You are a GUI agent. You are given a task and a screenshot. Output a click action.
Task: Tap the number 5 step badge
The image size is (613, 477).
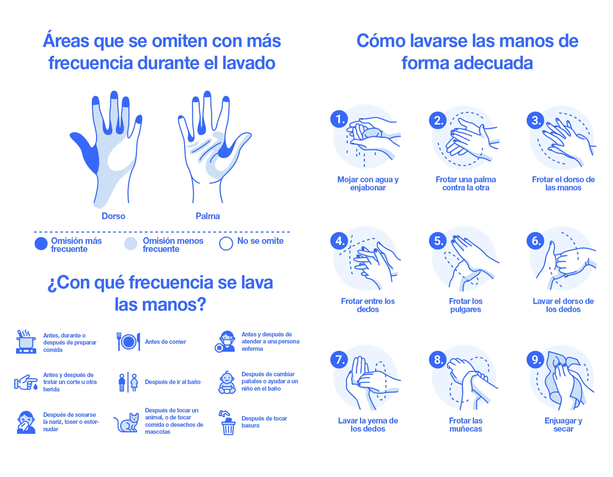pyautogui.click(x=438, y=241)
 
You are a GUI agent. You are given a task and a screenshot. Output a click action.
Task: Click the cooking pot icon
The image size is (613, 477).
pyautogui.click(x=26, y=342)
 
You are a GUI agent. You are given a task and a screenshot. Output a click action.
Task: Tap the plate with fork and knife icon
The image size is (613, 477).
pyautogui.click(x=129, y=341)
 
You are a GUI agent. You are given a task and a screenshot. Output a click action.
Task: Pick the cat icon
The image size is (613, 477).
pyautogui.click(x=127, y=423)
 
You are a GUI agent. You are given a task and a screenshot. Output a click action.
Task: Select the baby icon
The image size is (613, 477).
pyautogui.click(x=227, y=382)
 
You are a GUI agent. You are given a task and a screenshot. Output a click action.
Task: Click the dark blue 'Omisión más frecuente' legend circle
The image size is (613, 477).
pyautogui.click(x=41, y=243)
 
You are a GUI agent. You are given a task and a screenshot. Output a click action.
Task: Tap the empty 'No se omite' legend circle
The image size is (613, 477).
pyautogui.click(x=226, y=243)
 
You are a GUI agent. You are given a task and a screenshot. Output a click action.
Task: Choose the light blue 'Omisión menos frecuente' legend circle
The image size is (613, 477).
pyautogui.click(x=131, y=243)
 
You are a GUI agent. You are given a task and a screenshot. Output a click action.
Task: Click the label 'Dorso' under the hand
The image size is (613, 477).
pyautogui.click(x=113, y=216)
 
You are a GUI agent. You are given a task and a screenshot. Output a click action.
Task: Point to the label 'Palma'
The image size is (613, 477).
pyautogui.click(x=208, y=216)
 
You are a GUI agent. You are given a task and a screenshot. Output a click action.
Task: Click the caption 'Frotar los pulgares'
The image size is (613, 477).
pyautogui.click(x=466, y=305)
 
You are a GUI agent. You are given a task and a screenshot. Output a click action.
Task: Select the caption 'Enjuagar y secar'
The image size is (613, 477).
pyautogui.click(x=563, y=424)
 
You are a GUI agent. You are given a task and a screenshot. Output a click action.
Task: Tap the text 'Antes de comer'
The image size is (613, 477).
pyautogui.click(x=165, y=342)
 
